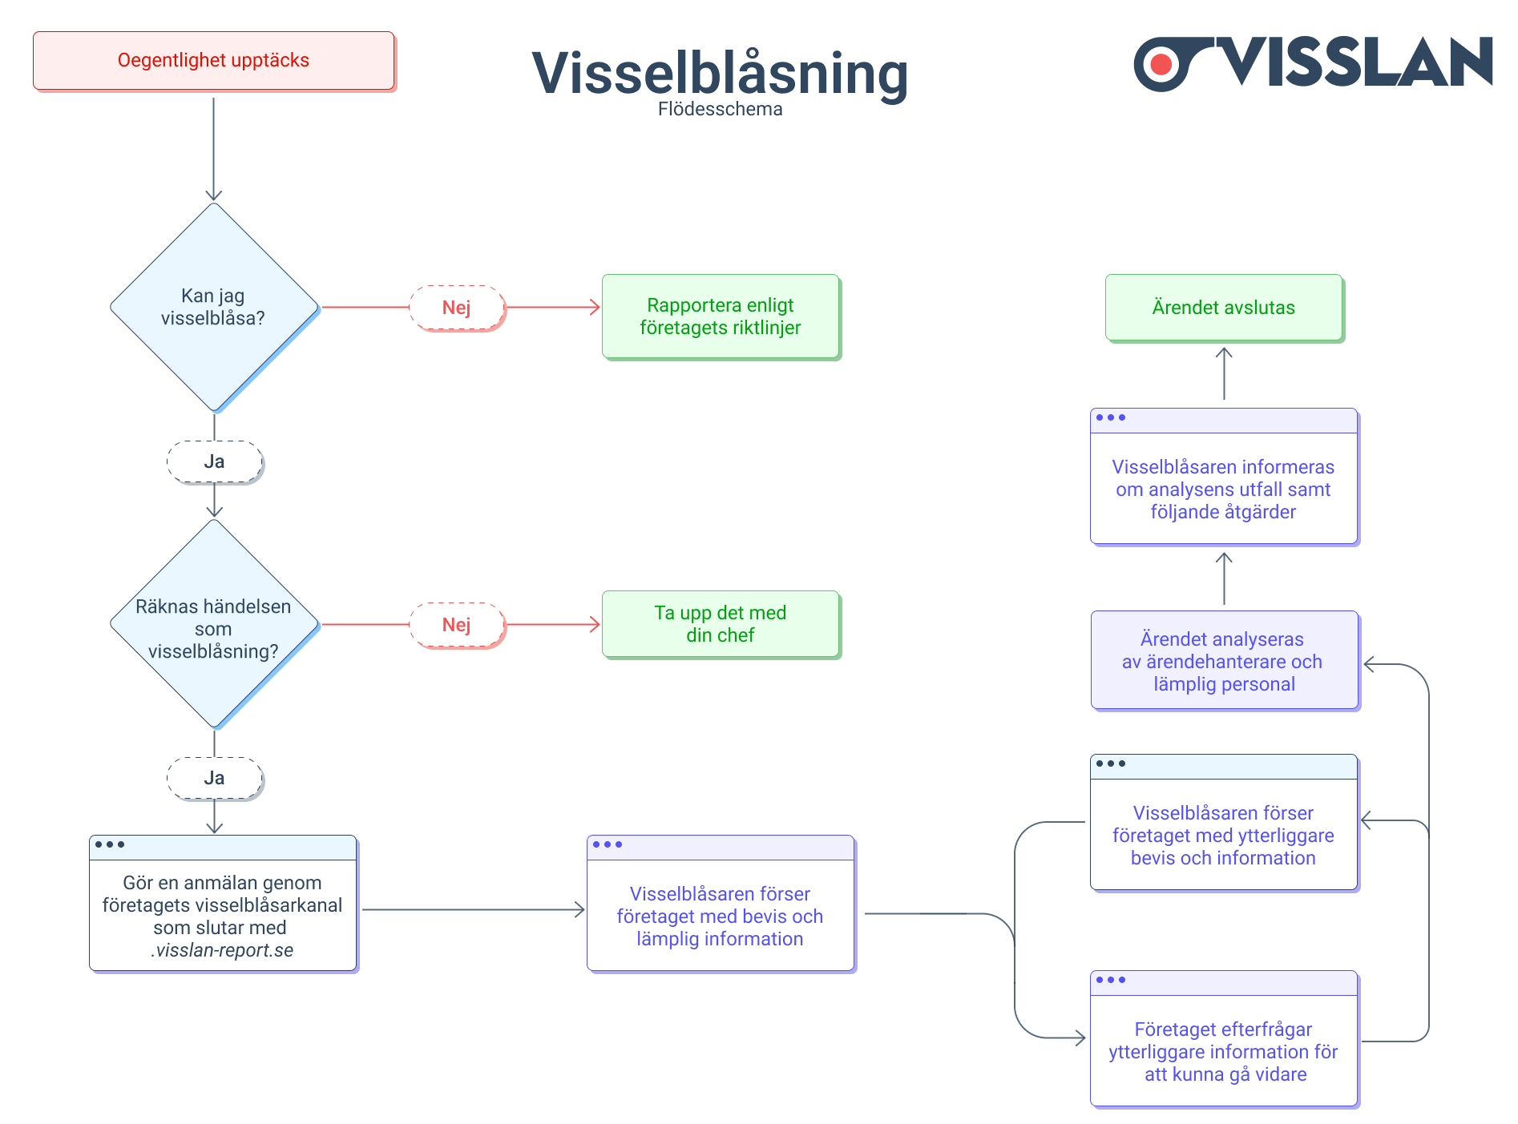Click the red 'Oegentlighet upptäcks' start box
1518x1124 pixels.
pos(213,61)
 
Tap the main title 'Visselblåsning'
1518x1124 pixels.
pos(720,74)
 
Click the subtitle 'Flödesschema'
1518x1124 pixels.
pos(720,110)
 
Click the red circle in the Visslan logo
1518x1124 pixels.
pos(1161,64)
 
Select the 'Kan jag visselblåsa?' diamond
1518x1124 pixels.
pos(213,307)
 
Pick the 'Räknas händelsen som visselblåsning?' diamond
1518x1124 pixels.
pos(213,624)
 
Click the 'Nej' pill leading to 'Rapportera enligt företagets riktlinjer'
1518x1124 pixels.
pos(457,308)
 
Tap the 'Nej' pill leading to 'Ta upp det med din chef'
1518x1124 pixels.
pos(457,625)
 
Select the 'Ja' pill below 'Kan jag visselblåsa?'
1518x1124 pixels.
pos(214,461)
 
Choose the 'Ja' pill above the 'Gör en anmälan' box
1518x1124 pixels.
pos(214,778)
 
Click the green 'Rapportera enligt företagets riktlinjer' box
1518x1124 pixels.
pos(721,316)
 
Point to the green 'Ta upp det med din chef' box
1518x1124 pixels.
pos(721,624)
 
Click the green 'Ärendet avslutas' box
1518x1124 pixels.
pos(1223,308)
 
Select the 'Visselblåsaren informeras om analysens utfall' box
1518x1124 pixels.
pos(1223,488)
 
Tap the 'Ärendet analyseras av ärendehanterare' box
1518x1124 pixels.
pos(1223,661)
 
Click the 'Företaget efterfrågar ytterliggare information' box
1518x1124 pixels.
pos(1223,1050)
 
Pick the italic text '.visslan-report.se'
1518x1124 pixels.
pos(222,950)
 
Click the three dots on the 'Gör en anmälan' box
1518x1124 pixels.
pos(110,844)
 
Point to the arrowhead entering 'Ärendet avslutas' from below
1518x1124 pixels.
pos(1224,352)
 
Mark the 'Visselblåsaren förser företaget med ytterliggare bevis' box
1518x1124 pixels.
pos(1223,834)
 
